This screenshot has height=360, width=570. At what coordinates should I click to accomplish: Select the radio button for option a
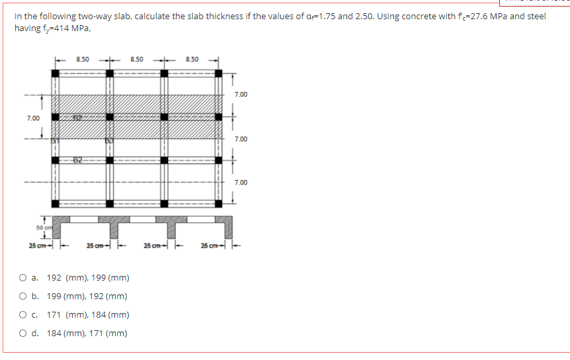(x=24, y=278)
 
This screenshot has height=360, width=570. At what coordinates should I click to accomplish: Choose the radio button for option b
(x=24, y=296)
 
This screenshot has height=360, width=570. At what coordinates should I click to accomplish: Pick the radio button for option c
(x=24, y=315)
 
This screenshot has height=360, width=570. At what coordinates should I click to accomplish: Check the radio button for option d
(x=24, y=334)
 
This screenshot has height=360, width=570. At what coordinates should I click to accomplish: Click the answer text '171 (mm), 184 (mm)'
(x=88, y=315)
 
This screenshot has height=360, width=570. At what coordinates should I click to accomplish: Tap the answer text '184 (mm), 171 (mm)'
(x=88, y=334)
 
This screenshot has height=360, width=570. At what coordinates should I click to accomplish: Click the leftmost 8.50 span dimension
(x=83, y=60)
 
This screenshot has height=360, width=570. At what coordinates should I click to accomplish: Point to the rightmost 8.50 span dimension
(x=192, y=60)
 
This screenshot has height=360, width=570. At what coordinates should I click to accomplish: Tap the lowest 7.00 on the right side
(x=241, y=182)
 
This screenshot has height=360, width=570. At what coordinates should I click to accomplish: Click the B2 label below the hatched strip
(x=77, y=159)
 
